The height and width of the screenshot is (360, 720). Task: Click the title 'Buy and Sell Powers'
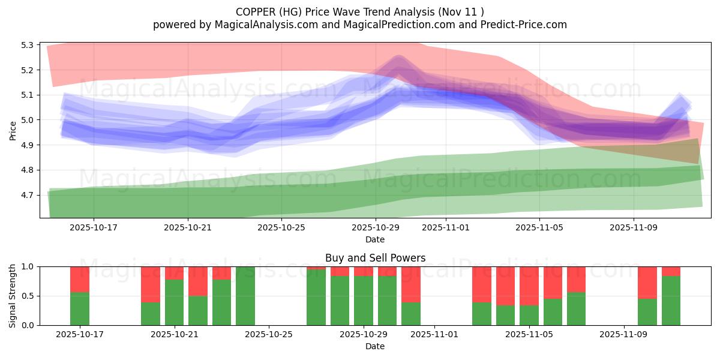[375, 258]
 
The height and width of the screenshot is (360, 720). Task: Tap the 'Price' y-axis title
[13, 130]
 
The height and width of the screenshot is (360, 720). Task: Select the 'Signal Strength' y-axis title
[13, 296]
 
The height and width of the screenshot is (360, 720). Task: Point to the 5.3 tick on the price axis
[26, 45]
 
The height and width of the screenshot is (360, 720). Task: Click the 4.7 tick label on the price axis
[26, 195]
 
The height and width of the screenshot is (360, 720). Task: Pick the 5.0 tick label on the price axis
[26, 120]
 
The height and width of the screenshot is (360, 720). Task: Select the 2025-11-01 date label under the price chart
[446, 228]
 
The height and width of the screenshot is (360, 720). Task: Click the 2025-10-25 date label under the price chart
[282, 228]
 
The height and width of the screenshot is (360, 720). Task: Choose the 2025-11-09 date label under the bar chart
[624, 334]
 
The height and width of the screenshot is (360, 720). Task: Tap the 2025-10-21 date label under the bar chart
[175, 334]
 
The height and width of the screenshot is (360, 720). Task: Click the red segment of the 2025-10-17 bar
[80, 279]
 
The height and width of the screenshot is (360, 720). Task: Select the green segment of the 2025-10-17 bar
[80, 309]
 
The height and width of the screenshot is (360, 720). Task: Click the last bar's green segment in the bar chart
[671, 301]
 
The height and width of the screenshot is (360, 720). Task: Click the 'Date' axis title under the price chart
[375, 239]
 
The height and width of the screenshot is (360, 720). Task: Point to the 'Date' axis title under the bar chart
[375, 346]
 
